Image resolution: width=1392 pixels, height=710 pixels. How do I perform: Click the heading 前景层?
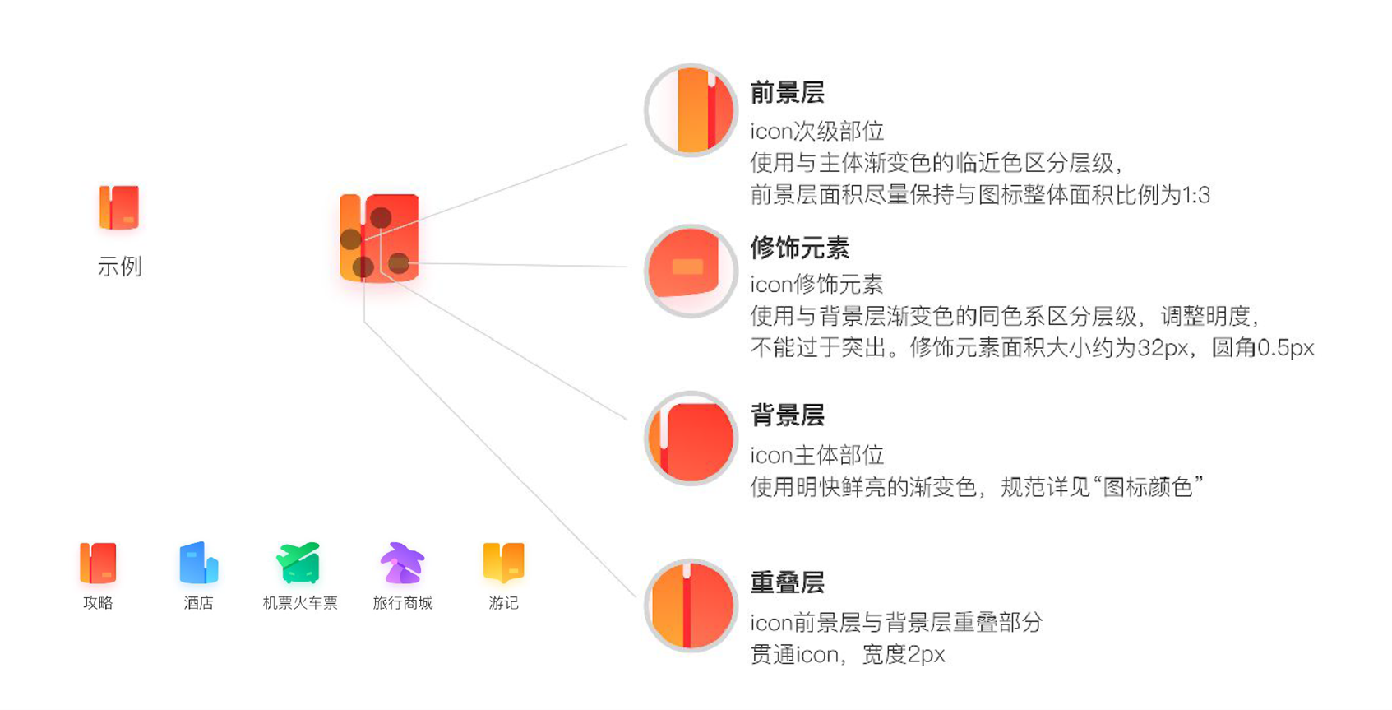coord(787,93)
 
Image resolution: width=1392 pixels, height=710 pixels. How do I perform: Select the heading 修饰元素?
coord(799,248)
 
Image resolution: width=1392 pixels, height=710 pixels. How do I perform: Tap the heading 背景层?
coord(787,415)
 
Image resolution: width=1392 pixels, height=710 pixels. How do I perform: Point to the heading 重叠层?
coord(787,582)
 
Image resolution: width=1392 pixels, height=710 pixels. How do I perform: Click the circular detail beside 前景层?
coord(691,110)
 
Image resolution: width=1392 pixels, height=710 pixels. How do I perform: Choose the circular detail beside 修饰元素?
coord(691,271)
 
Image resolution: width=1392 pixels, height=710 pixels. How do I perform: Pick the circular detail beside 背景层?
coord(691,439)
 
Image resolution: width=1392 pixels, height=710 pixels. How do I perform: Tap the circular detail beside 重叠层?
coord(691,606)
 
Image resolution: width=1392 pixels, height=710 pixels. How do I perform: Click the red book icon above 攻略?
coord(98,563)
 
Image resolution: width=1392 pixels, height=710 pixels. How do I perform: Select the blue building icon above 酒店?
coord(199,563)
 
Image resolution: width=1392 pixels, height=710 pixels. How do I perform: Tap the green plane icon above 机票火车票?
coord(299,562)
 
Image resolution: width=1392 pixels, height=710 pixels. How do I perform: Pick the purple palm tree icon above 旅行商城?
coord(402,563)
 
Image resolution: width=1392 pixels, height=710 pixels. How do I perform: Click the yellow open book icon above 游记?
coord(503,562)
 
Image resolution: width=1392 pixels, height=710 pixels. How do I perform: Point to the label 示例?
coord(120,266)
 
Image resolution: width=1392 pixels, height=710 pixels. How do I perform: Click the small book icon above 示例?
coord(119,207)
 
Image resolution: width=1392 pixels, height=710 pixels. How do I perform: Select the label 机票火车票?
coord(299,603)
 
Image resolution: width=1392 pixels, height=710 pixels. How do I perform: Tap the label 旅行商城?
coord(402,603)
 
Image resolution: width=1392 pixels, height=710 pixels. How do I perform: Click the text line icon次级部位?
coord(816,131)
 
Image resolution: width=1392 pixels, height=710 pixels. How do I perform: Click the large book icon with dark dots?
coord(379,238)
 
